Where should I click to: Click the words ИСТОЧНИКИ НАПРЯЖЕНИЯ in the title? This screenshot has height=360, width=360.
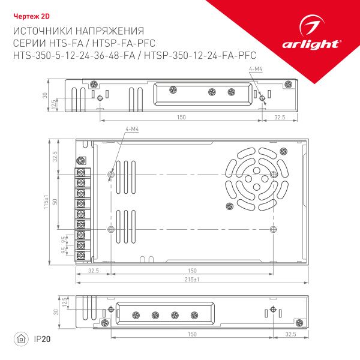tap(78, 31)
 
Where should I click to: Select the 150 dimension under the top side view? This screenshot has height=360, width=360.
tap(181, 117)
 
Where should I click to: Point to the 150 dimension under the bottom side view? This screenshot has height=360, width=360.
tap(192, 334)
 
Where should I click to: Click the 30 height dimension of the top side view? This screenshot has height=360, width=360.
tap(45, 95)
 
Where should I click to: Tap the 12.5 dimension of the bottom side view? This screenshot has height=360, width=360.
tap(64, 300)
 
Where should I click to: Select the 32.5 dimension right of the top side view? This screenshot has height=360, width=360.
tap(280, 117)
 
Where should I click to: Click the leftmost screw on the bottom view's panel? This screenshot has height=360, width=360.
tap(134, 315)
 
